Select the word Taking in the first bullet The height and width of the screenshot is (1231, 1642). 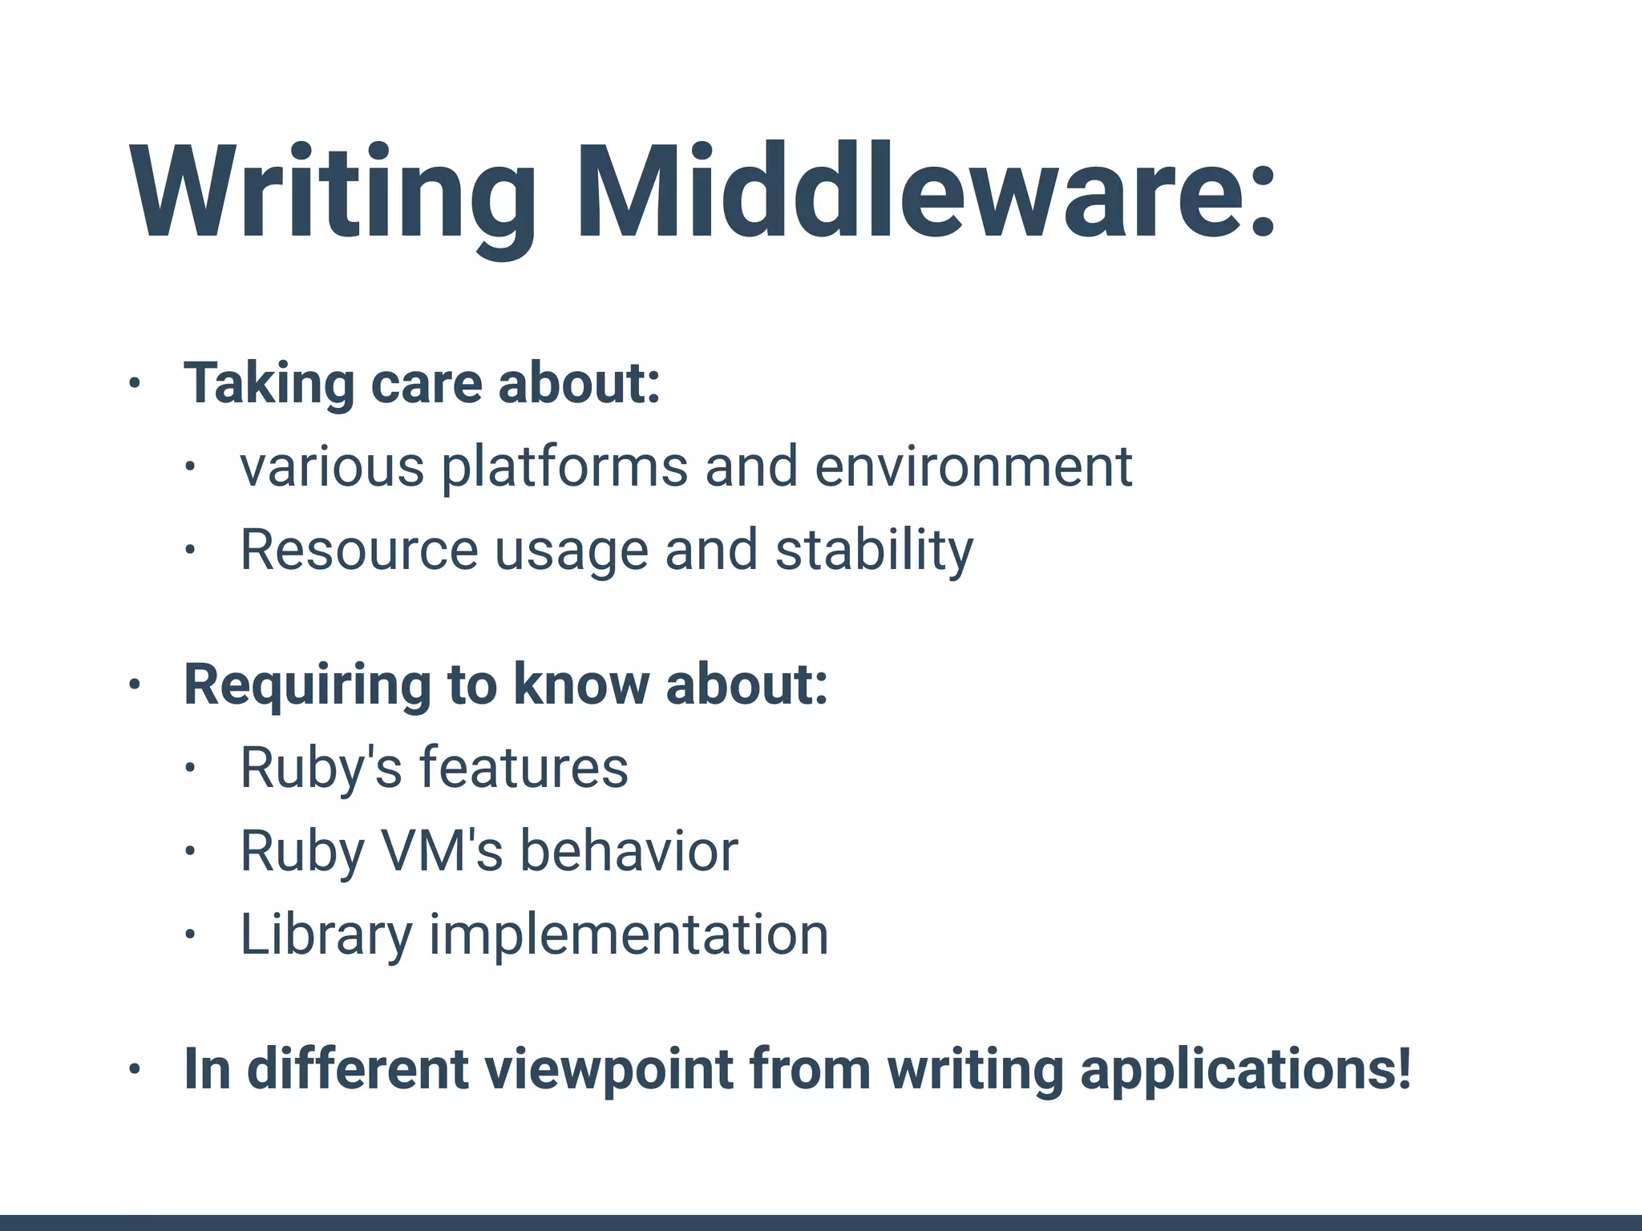coord(269,385)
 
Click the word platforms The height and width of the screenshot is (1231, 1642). coord(564,468)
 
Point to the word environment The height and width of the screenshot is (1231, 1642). coord(973,466)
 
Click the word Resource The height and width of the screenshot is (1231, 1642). coord(359,551)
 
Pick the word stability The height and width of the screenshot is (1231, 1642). coord(874,552)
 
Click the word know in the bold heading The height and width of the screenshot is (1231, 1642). coord(580,684)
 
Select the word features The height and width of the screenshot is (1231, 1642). coord(524,768)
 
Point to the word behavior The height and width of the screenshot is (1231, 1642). coord(629,851)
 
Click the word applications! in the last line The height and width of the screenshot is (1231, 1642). coord(1245,1071)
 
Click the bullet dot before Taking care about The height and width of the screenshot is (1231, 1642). coord(135,384)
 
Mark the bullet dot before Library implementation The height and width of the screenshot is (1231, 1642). coord(190,934)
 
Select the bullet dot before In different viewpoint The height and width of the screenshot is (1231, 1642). coord(135,1069)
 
